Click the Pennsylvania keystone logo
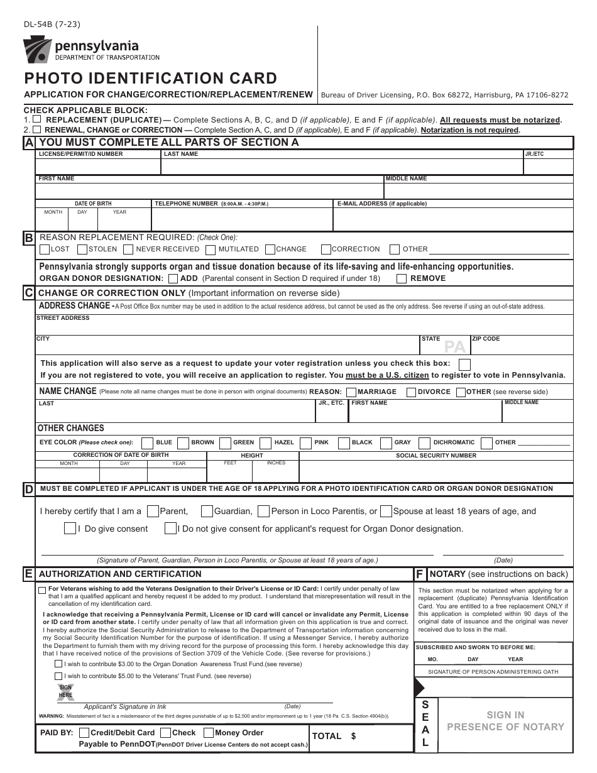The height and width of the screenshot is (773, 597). (36, 50)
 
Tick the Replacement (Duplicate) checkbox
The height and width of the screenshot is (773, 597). (37, 119)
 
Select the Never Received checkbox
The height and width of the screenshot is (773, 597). (128, 249)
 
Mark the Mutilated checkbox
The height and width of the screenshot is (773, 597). (211, 249)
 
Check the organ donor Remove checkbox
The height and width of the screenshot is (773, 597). (402, 278)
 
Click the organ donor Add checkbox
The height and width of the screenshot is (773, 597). (173, 278)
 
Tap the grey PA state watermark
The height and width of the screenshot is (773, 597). (455, 346)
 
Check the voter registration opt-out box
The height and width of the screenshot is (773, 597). (464, 363)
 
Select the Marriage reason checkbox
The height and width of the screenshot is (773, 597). (350, 392)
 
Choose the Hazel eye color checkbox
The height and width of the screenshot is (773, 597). (266, 442)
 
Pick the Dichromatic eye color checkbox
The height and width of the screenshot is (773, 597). (425, 442)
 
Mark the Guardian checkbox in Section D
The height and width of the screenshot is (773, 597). (207, 511)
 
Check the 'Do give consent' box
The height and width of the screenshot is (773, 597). (70, 529)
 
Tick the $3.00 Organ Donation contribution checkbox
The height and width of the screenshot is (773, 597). (58, 664)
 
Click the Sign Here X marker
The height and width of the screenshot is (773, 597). (66, 692)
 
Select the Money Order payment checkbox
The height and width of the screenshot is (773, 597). (207, 732)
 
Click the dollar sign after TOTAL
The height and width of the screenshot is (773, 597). (354, 736)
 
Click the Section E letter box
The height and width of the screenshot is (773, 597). (29, 574)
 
